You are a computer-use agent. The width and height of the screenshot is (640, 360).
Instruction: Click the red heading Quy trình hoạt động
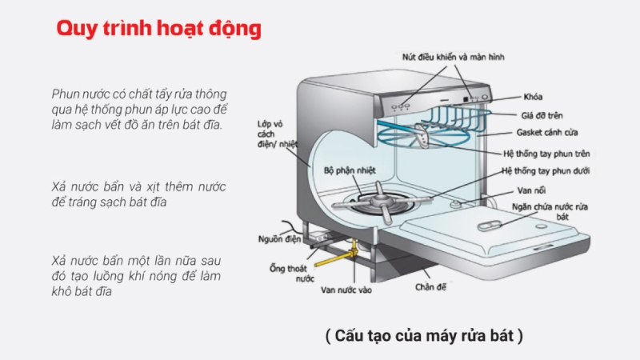point(158,29)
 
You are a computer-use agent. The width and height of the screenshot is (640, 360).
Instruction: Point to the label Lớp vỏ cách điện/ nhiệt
point(273,142)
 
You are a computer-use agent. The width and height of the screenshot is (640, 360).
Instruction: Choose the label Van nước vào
point(346,290)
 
